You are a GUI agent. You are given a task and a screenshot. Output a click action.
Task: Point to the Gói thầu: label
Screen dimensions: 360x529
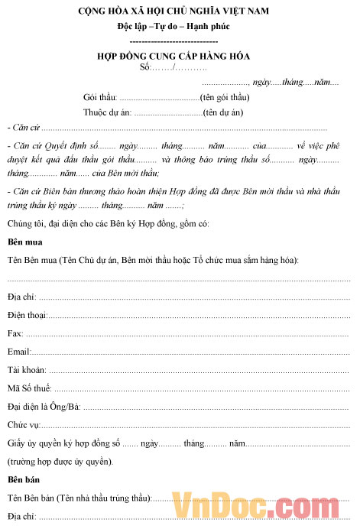click(x=100, y=98)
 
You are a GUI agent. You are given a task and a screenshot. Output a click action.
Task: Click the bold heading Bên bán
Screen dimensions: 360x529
click(x=24, y=479)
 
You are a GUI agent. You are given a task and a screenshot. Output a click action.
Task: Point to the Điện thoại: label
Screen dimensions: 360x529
click(x=28, y=294)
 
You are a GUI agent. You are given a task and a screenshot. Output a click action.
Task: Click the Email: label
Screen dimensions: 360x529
click(x=19, y=331)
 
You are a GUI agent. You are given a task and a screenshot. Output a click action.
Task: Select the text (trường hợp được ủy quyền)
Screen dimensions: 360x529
click(x=60, y=461)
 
